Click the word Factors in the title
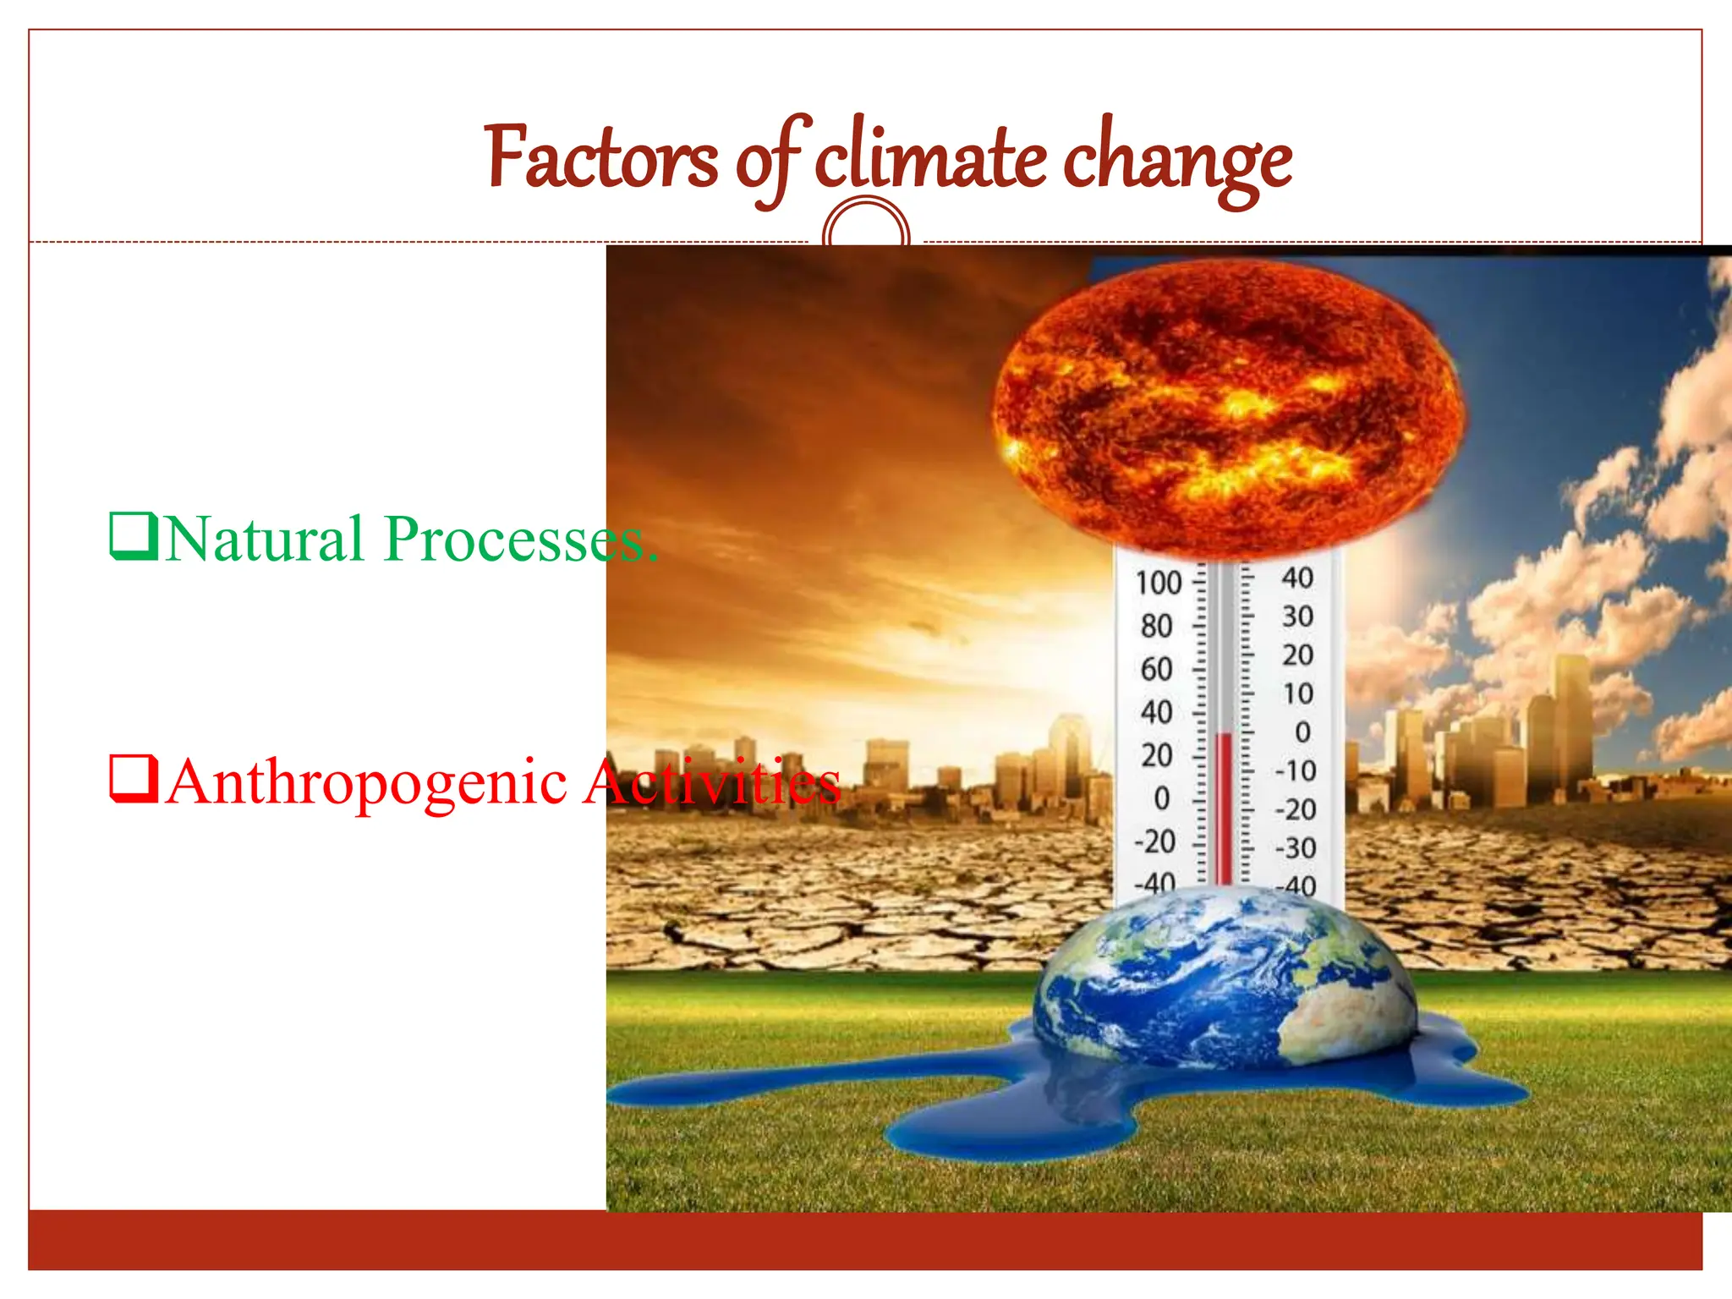coord(601,159)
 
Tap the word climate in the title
coord(929,159)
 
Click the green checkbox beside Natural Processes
coord(133,536)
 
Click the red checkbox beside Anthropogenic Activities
coord(133,779)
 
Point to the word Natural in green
coord(265,539)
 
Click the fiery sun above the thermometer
coord(1226,406)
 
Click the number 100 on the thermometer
coord(1158,583)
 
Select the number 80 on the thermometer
coord(1156,627)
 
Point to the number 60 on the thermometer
coord(1156,670)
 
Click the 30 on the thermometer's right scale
coord(1297,617)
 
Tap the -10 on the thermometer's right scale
coord(1295,771)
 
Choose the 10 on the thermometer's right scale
coord(1297,694)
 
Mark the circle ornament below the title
coord(866,224)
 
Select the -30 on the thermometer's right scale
coord(1295,848)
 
